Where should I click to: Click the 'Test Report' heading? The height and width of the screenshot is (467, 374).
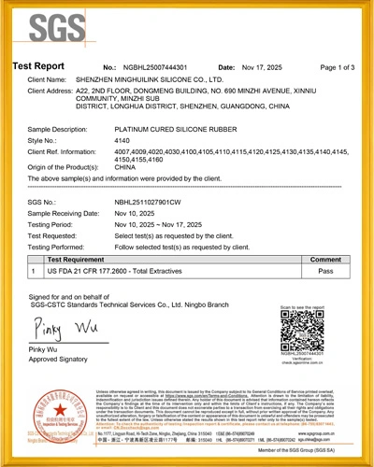click(38, 67)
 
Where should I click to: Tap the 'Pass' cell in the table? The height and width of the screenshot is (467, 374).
click(324, 271)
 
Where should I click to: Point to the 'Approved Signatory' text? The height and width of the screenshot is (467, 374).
click(58, 359)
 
